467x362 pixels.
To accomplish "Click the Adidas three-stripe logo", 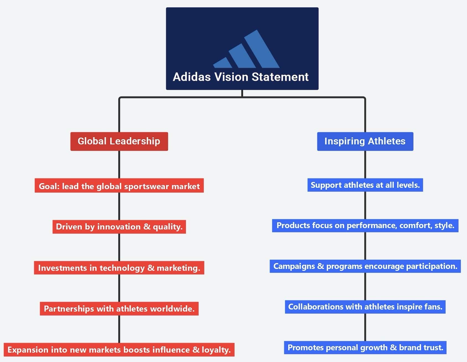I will pyautogui.click(x=246, y=50).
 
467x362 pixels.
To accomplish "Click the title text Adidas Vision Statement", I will pyautogui.click(x=240, y=77).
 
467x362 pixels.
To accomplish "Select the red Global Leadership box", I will pyautogui.click(x=119, y=141).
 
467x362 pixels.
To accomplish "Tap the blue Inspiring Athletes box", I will pyautogui.click(x=365, y=141).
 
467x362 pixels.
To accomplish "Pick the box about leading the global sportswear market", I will pyautogui.click(x=119, y=186).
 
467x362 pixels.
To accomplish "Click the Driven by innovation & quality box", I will pyautogui.click(x=119, y=227).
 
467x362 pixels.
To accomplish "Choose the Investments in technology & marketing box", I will pyautogui.click(x=119, y=268).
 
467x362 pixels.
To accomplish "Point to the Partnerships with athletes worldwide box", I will pyautogui.click(x=119, y=308).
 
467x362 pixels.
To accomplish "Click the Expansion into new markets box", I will pyautogui.click(x=119, y=350).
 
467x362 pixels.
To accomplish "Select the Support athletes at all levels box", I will pyautogui.click(x=365, y=185).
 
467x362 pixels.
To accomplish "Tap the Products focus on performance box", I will pyautogui.click(x=365, y=225).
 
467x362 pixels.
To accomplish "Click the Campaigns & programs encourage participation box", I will pyautogui.click(x=365, y=266).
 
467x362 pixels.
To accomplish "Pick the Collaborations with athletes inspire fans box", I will pyautogui.click(x=365, y=307).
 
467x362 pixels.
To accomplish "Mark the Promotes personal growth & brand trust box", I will pyautogui.click(x=365, y=347).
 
